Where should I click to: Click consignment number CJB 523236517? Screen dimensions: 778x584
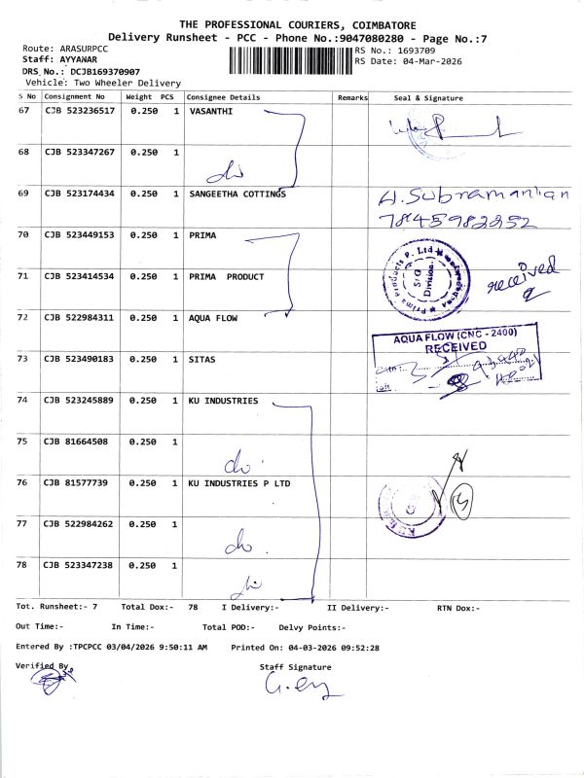pyautogui.click(x=79, y=111)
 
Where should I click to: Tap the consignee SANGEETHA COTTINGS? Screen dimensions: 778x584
pyautogui.click(x=237, y=194)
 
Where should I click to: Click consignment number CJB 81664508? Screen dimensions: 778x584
pyautogui.click(x=76, y=442)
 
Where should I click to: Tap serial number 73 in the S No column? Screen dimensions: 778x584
pyautogui.click(x=24, y=359)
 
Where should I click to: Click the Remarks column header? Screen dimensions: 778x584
pyautogui.click(x=352, y=97)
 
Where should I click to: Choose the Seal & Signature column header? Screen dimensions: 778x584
pyautogui.click(x=427, y=97)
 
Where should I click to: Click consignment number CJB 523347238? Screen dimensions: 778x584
pyautogui.click(x=79, y=565)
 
